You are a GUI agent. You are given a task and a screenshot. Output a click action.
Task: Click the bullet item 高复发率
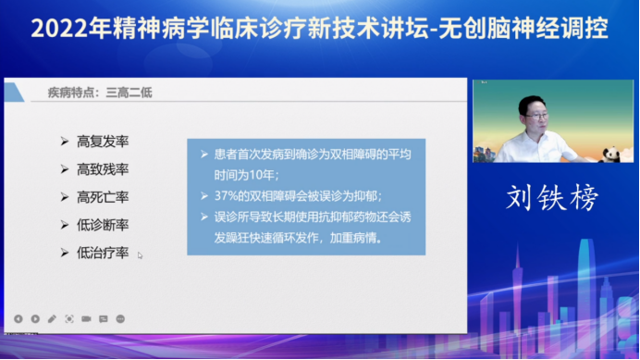click(x=103, y=142)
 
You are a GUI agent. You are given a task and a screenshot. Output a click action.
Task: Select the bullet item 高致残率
click(x=103, y=169)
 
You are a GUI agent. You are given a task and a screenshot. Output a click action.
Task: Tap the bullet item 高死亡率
click(x=103, y=197)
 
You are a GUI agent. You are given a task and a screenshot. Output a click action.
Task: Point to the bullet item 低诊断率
click(x=103, y=225)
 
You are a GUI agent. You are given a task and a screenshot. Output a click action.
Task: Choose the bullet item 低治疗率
click(x=103, y=253)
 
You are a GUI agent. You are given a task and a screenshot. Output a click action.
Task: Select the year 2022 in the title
click(x=57, y=29)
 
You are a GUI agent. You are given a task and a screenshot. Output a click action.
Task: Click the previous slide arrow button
click(x=18, y=318)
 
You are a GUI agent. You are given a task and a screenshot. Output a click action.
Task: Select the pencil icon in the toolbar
click(x=52, y=318)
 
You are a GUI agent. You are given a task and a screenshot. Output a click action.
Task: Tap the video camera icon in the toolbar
click(x=86, y=318)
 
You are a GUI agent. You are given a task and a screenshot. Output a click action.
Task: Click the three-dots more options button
click(x=120, y=318)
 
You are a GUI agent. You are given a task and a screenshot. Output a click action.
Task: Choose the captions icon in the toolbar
click(x=103, y=318)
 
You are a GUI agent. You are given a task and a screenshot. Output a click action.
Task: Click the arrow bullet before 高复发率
click(x=64, y=142)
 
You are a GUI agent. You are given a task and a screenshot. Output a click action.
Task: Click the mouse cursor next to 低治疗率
click(x=141, y=255)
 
